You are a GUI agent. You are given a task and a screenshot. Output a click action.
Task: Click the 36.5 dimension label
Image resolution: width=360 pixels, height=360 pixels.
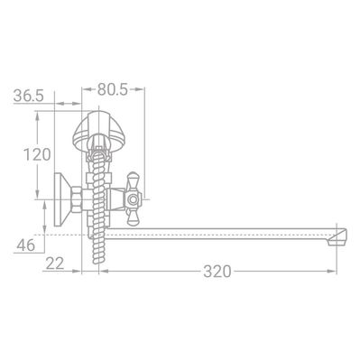pos(29,97)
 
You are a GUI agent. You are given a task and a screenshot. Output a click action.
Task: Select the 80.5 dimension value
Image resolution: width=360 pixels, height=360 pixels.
pos(113,89)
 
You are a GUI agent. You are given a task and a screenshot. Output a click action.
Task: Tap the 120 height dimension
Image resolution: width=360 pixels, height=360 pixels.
pos(37,155)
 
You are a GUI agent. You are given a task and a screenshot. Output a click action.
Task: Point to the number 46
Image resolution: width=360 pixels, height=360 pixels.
pos(26,245)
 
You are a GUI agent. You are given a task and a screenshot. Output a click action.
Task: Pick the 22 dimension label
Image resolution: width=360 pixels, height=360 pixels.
pos(55,263)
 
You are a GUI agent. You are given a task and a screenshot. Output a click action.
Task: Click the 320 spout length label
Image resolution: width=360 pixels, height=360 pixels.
pos(217,272)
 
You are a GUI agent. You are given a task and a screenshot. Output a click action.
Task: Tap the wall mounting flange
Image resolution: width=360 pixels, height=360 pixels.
pos(60,199)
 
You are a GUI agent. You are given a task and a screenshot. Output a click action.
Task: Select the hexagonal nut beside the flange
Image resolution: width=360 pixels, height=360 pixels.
pos(77,199)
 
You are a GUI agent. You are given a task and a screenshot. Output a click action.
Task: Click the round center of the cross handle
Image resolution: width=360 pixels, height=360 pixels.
pos(133,199)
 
